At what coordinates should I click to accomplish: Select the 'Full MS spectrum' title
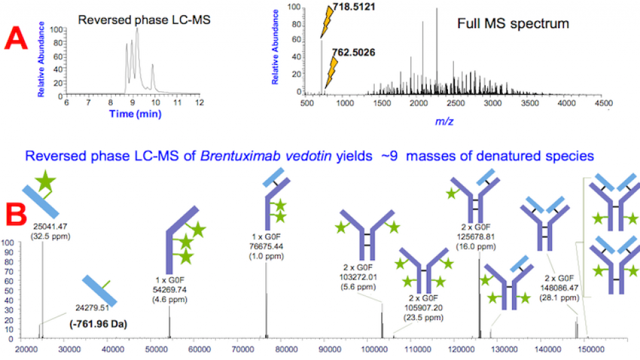point(513,24)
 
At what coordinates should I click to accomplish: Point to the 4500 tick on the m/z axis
point(602,103)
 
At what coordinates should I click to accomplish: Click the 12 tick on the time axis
point(199,103)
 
